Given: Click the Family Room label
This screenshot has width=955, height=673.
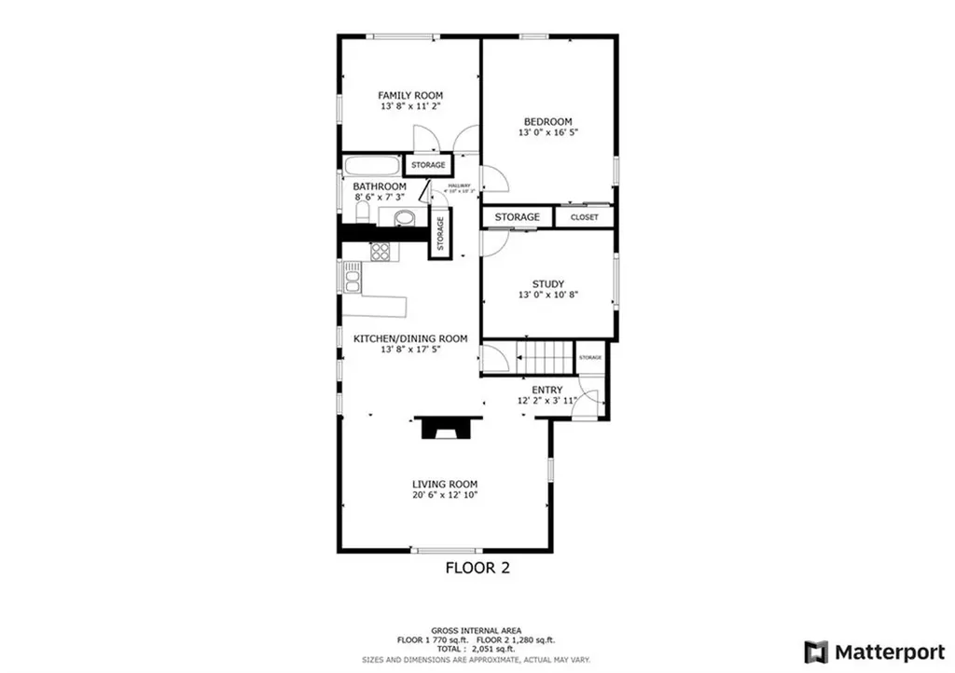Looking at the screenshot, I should point(409,95).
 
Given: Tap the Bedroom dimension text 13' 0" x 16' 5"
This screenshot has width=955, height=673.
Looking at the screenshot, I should point(547,133).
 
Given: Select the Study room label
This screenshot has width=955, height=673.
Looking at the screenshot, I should point(547,284).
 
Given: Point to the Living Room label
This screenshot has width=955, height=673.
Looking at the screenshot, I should point(445,484).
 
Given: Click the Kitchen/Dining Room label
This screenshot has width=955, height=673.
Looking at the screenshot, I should point(409,338).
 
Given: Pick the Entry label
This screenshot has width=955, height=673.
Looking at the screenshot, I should point(547,390).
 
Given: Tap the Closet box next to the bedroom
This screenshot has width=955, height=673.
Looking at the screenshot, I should point(585,217).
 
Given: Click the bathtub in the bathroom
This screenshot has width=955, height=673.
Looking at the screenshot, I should point(371,167).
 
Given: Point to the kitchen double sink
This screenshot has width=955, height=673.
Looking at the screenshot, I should point(352,277).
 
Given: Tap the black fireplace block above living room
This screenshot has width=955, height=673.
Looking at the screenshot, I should point(445,427).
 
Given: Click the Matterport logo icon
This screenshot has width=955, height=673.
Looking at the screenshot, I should point(817,650).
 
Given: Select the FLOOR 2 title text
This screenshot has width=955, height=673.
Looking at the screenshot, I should point(477,567).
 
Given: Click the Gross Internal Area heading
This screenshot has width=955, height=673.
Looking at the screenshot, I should point(477,631).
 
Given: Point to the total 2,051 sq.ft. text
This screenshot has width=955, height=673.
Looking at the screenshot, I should point(477,650).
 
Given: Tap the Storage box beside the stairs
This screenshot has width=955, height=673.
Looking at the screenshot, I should point(589,358).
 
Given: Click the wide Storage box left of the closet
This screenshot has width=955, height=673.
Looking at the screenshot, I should point(517,217).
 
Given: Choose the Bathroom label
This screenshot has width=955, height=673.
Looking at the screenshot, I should point(379,186).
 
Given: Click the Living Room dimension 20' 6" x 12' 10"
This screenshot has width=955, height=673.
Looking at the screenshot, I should point(445,495).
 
